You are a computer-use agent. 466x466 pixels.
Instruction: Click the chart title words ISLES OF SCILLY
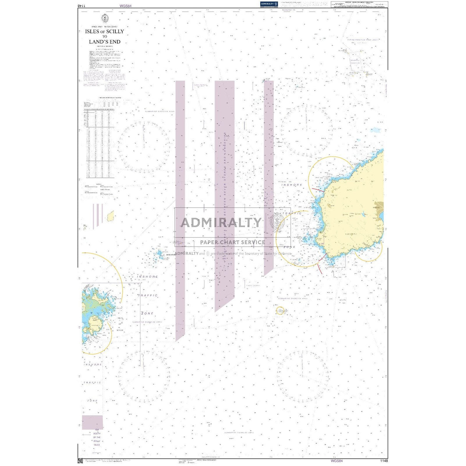pos(104,31)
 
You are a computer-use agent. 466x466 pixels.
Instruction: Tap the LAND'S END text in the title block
pos(104,42)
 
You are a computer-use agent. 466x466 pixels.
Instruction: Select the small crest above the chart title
pos(104,18)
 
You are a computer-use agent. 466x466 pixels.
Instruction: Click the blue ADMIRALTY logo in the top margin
pos(269,4)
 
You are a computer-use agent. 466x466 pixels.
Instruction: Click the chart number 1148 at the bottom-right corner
pos(383,461)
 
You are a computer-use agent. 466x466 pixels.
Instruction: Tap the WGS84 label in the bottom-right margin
pos(331,461)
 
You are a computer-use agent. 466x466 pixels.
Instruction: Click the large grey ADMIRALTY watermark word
pos(221,223)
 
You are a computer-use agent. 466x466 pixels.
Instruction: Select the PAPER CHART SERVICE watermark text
pos(232,242)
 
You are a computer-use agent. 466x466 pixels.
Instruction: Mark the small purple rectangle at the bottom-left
pos(92,422)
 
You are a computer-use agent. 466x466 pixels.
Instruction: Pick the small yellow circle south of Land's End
pos(280,310)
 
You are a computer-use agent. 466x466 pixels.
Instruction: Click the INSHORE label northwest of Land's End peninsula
pos(292,185)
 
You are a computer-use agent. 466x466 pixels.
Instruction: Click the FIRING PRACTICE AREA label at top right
pos(362,40)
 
